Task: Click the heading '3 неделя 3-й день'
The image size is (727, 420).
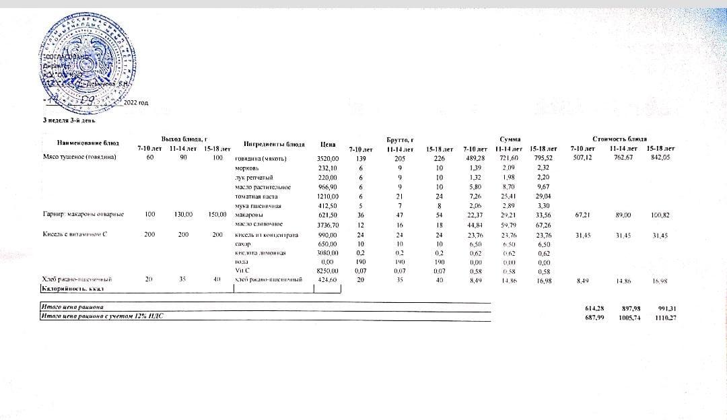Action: [69, 121]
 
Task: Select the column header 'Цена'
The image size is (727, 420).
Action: [328, 144]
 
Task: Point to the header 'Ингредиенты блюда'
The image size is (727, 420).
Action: [274, 144]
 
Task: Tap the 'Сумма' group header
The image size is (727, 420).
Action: [509, 138]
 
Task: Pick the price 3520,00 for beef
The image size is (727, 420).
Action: [328, 158]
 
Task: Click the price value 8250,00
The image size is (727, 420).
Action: [328, 270]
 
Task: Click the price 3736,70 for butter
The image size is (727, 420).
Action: [328, 223]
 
